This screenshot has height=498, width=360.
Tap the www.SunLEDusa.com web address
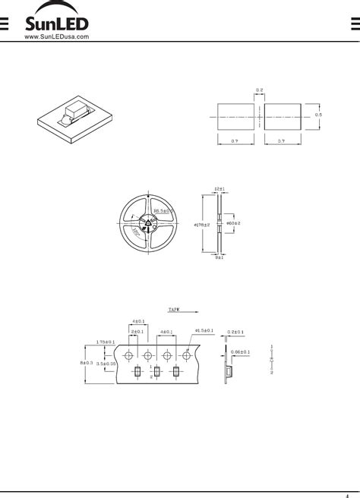[x=57, y=36]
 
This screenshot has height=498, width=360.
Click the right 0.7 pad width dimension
[x=280, y=142]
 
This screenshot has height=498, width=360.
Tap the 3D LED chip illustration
[x=73, y=115]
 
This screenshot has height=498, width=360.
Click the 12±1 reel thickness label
[x=220, y=189]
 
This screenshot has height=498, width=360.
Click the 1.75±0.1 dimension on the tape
[x=106, y=342]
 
